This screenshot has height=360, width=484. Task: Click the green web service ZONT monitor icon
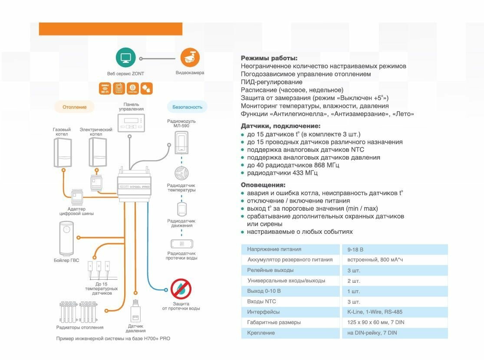pos(126,58)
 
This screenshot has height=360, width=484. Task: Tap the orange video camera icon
pos(190,58)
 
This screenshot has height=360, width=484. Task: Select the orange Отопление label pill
pos(74,107)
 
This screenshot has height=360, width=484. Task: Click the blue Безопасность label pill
pos(187,107)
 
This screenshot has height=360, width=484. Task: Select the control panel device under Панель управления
pos(131,122)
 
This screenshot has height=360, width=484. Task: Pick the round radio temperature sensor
pos(181,173)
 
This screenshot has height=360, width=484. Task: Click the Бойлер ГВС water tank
pos(67,238)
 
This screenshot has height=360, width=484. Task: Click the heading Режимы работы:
pos(269,58)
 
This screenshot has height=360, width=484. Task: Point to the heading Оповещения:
pos(263,185)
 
